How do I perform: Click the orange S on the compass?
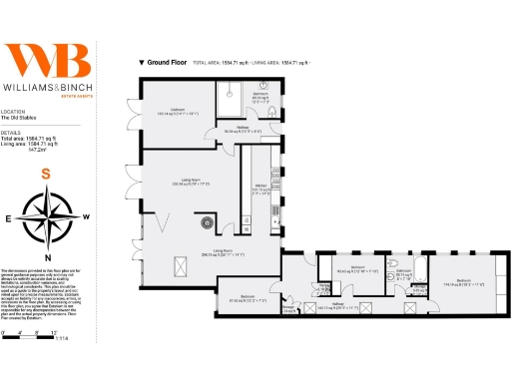coord(45,174)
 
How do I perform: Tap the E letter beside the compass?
coord(9,217)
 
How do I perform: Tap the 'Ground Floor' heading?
coord(169,62)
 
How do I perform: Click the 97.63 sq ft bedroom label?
coord(248,297)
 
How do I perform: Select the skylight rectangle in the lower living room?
coord(181,265)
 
